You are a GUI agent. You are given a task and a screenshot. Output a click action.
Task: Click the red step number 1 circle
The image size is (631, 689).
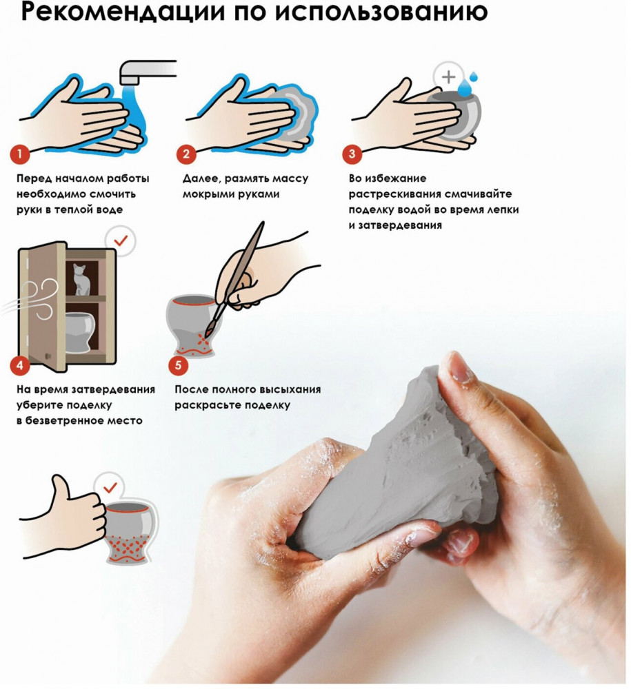(x=20, y=154)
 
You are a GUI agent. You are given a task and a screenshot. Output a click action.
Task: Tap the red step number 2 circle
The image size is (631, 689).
(x=186, y=154)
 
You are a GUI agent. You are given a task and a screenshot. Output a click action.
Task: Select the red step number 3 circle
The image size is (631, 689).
(x=352, y=154)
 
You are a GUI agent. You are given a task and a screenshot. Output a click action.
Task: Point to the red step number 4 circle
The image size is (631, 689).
(x=20, y=365)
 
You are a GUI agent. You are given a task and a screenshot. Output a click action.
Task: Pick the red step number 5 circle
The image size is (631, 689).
(x=178, y=365)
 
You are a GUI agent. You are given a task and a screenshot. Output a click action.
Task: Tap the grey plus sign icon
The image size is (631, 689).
(x=448, y=77)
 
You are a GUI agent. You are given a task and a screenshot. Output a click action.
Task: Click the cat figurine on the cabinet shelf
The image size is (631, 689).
(x=81, y=279)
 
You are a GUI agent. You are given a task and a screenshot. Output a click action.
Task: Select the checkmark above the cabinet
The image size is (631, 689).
(x=121, y=240)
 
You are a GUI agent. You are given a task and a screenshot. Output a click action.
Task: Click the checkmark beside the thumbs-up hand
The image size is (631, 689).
(x=110, y=488)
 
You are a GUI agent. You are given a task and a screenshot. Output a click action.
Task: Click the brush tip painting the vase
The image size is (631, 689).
(x=207, y=333)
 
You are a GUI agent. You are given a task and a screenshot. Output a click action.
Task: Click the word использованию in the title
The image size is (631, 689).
(x=381, y=12)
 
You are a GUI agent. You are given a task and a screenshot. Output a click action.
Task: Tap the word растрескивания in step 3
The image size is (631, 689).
(x=395, y=194)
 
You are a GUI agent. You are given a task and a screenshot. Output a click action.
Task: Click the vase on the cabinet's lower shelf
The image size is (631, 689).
(x=79, y=332)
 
